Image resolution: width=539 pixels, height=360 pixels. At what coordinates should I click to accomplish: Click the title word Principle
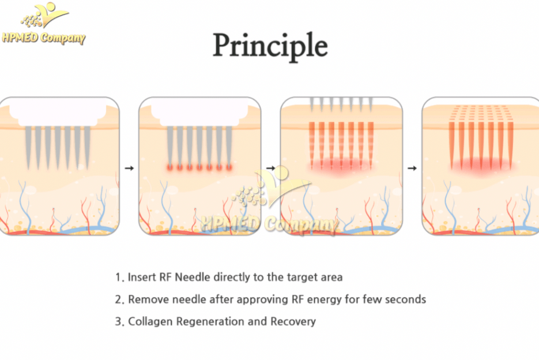270,46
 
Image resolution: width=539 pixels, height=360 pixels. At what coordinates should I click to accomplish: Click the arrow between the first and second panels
129,168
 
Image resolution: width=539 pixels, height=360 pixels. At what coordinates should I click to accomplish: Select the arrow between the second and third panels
270,168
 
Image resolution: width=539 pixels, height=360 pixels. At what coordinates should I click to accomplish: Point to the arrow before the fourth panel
412,168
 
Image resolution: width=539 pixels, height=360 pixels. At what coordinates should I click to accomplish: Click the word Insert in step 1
142,277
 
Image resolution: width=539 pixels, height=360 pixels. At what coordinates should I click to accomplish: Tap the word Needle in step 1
193,277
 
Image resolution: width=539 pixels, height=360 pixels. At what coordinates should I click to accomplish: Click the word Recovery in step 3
293,321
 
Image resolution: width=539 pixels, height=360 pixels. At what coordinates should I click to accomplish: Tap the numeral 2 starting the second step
118,299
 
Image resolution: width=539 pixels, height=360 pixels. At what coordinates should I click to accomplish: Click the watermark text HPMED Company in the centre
270,224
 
